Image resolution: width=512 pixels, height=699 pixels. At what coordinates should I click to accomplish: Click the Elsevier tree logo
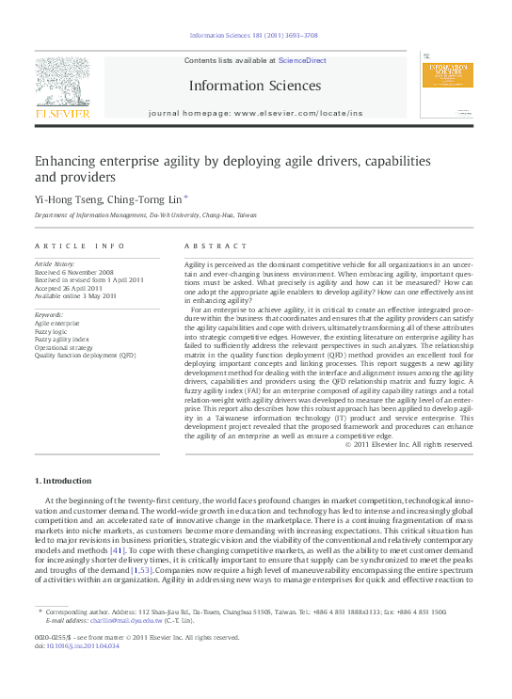pos(62,82)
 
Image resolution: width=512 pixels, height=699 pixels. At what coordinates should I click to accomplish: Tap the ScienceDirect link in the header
pos(302,60)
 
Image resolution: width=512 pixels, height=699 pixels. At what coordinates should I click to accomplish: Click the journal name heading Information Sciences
pos(255,86)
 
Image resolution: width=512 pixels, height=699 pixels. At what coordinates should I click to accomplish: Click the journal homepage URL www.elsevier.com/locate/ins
pos(297,113)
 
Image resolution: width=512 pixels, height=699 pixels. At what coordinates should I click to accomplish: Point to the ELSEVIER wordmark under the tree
pos(62,113)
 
